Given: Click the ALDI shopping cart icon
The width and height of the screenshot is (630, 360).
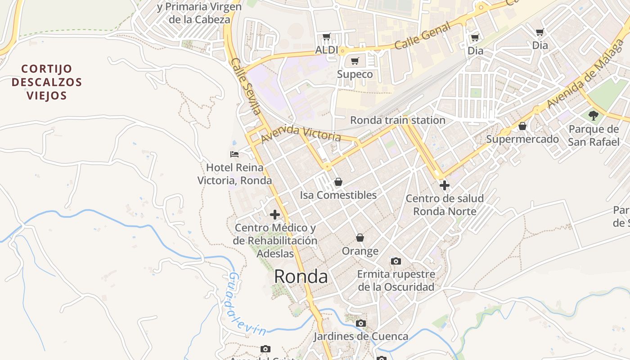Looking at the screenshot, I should (x=327, y=37).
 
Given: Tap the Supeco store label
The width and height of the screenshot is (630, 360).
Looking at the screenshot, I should (x=355, y=74).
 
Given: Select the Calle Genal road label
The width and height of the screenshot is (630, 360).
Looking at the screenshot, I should (x=423, y=36).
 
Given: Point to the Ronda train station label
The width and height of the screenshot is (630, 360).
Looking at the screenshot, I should (x=398, y=120).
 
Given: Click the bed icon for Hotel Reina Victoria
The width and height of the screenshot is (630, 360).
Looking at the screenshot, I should (x=234, y=154).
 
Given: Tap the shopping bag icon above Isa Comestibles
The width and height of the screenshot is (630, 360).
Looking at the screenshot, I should (x=338, y=182).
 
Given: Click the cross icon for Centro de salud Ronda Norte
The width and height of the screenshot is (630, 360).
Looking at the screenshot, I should (x=445, y=185).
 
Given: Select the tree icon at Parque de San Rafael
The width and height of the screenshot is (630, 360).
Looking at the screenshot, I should (x=594, y=116).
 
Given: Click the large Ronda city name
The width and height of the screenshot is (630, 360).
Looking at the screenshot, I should (x=301, y=276).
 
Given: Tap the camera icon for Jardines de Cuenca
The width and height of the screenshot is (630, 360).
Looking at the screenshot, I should (x=361, y=323).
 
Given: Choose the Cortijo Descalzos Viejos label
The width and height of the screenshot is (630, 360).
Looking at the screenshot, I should (x=47, y=82).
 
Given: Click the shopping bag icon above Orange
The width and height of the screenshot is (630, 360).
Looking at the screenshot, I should (x=360, y=238).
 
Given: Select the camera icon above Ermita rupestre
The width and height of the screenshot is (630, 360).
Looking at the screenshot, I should (x=396, y=261).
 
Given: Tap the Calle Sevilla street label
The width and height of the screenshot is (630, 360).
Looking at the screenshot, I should (x=246, y=86).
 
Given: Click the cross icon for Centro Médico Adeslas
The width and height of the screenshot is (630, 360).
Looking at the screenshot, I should (x=275, y=215).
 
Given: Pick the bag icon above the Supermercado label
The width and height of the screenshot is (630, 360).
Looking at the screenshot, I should (x=522, y=126).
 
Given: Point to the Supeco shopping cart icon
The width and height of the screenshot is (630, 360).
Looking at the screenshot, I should (x=355, y=61).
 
